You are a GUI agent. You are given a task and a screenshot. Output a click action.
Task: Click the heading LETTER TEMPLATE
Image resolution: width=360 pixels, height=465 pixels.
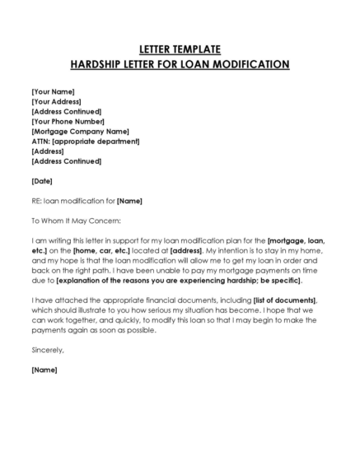(x=180, y=49)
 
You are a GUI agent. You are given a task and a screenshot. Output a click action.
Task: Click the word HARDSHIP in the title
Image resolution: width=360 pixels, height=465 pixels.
(x=101, y=63)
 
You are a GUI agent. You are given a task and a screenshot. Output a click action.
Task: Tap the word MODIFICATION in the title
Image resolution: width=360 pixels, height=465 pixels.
(x=248, y=63)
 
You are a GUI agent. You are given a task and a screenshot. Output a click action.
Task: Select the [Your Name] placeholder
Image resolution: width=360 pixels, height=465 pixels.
(x=54, y=91)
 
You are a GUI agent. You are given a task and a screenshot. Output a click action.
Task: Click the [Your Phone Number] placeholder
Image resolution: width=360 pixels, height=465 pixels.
(x=68, y=121)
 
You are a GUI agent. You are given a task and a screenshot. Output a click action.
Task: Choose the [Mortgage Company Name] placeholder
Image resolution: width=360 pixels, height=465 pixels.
(x=80, y=131)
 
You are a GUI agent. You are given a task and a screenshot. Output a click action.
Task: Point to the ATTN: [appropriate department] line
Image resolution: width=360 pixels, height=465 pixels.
(x=85, y=142)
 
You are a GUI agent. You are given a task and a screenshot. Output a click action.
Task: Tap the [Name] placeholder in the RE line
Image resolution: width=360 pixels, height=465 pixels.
(x=130, y=200)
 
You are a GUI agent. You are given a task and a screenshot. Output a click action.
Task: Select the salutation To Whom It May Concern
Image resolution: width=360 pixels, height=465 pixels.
(x=76, y=220)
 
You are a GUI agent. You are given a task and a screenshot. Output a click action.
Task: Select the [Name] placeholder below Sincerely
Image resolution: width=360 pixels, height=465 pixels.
(x=44, y=370)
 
